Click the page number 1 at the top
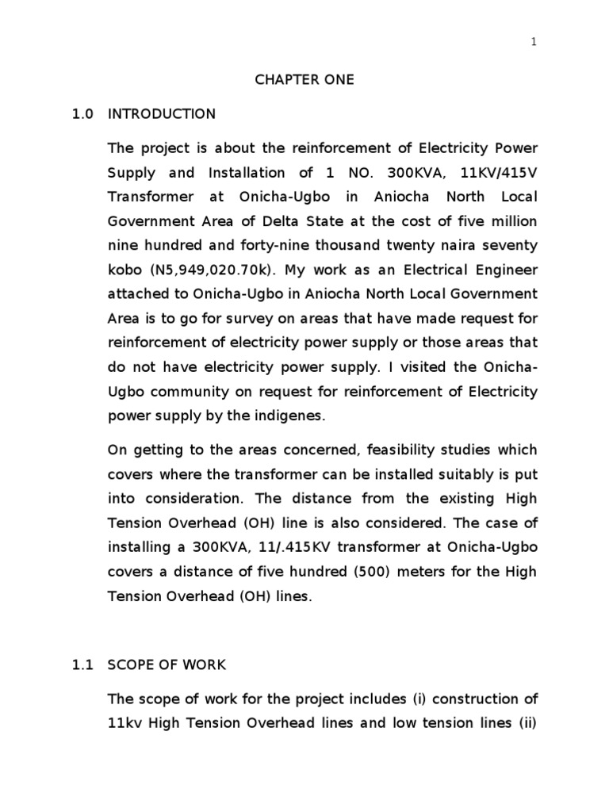534,43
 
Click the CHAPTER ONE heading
304,80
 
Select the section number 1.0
82,114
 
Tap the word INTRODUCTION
162,114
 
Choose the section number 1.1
82,665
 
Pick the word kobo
123,270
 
